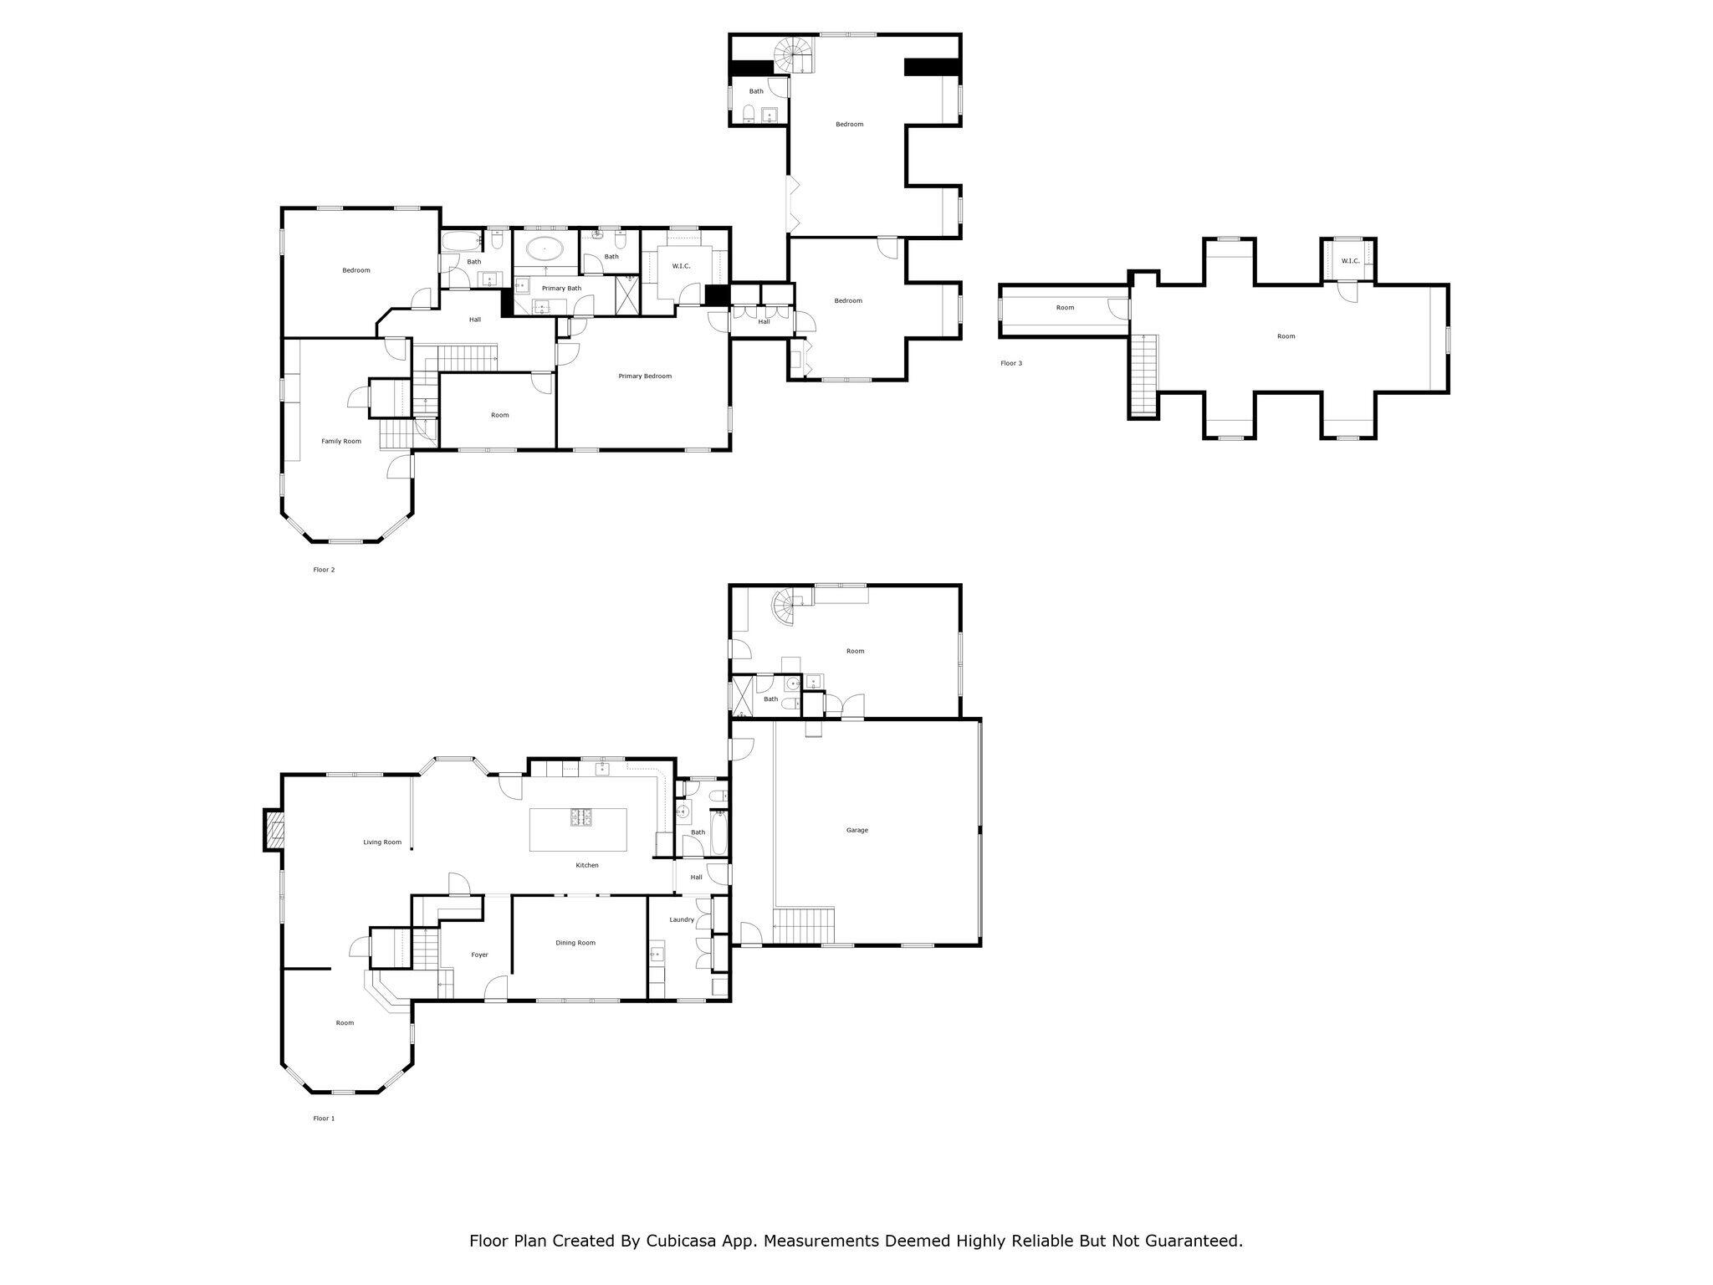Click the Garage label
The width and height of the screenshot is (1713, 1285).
856,830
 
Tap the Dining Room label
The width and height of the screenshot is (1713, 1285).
575,943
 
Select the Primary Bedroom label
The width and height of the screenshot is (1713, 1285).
645,376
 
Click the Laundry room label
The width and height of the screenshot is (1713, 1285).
682,919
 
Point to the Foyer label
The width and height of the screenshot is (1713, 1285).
479,955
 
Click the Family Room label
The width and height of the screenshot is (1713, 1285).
341,441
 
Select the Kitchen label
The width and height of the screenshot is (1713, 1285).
587,865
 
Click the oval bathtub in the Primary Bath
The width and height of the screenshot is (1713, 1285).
545,248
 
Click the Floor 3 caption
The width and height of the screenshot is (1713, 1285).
1011,363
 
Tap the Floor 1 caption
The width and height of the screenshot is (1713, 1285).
324,1119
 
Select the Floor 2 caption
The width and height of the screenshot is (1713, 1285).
324,570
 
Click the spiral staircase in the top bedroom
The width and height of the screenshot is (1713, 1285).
791,55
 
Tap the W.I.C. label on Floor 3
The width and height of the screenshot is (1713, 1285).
1350,261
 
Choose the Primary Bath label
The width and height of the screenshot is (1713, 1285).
561,289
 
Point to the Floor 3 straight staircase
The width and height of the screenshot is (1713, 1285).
1144,374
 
